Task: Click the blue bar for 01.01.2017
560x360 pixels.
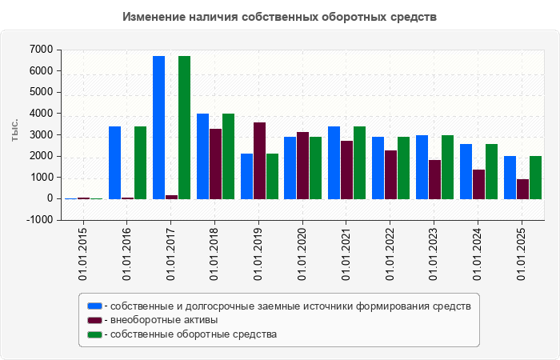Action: tap(158, 127)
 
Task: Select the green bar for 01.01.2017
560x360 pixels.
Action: tap(184, 127)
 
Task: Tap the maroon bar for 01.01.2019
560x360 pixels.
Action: tap(259, 160)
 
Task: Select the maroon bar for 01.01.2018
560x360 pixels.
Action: tap(215, 163)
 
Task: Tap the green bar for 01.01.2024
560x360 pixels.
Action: tap(491, 171)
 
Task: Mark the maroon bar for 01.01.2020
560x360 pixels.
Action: tap(302, 165)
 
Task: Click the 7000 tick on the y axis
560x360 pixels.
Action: tap(42, 50)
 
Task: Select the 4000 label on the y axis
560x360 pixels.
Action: tap(42, 114)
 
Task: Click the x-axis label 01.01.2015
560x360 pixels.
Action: tap(83, 254)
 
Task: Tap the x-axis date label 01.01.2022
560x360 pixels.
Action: tap(390, 254)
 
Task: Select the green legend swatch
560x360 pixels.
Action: tap(95, 334)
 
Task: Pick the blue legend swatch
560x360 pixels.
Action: tap(95, 306)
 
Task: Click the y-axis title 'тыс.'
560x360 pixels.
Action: tap(15, 130)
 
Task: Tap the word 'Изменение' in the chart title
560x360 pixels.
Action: tap(153, 16)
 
